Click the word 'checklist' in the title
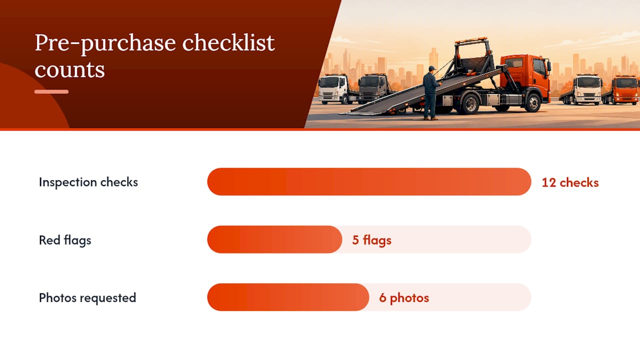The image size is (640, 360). click(x=228, y=43)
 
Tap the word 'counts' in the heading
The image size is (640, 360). click(x=69, y=69)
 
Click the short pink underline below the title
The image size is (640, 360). click(x=51, y=91)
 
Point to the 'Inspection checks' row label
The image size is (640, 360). click(x=88, y=182)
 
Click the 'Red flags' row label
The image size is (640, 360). click(x=65, y=240)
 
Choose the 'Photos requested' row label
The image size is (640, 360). click(x=87, y=297)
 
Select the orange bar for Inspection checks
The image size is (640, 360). click(x=369, y=181)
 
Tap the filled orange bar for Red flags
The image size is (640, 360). click(x=274, y=239)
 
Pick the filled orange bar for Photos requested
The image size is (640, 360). click(x=288, y=297)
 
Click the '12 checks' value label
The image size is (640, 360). click(x=570, y=182)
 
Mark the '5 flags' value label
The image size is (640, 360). click(x=371, y=240)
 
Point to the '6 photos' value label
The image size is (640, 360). click(x=404, y=297)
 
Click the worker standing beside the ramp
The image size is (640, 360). click(x=431, y=93)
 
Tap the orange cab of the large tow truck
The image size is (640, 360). click(x=525, y=74)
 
